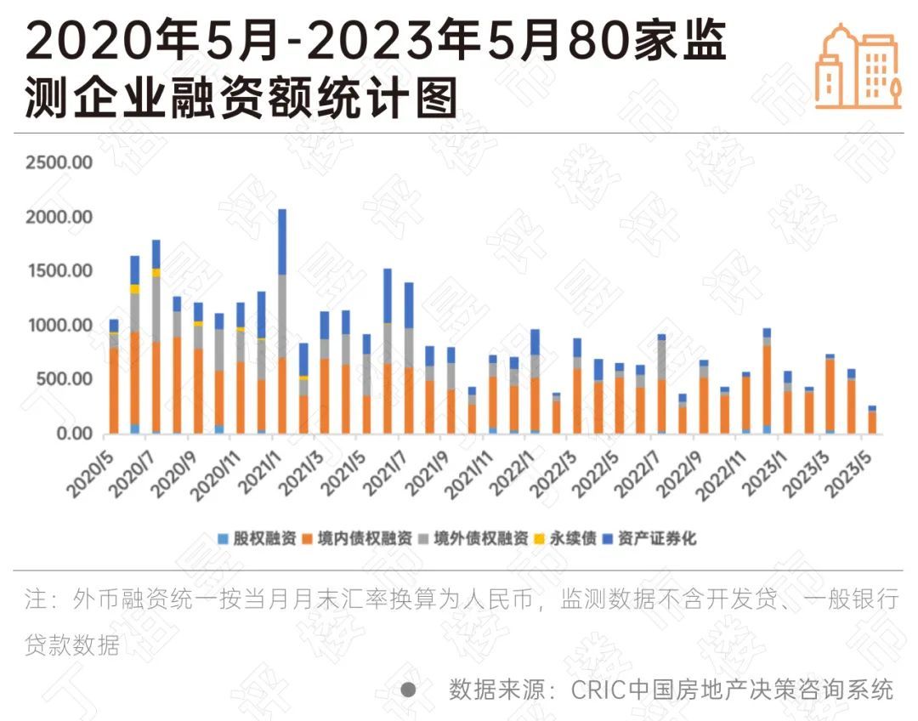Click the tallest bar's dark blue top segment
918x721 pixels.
point(282,241)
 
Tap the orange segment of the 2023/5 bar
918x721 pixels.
point(872,423)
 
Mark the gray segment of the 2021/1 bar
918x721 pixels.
point(282,315)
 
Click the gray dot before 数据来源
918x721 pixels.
point(408,689)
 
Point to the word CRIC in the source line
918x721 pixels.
point(594,689)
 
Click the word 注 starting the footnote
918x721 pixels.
point(35,599)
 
